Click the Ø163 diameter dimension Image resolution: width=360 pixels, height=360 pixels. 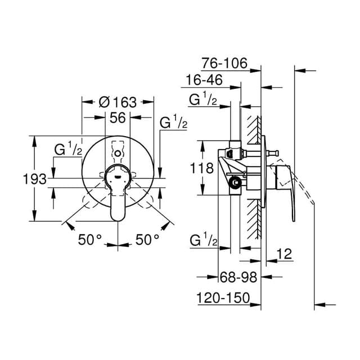pyautogui.click(x=118, y=102)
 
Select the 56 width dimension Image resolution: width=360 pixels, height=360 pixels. pyautogui.click(x=118, y=118)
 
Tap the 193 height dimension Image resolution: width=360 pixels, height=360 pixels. pyautogui.click(x=35, y=179)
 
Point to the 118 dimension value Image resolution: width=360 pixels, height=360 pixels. pyautogui.click(x=202, y=168)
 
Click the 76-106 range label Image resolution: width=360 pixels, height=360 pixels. pyautogui.click(x=224, y=63)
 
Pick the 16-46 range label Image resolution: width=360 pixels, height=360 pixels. pyautogui.click(x=204, y=80)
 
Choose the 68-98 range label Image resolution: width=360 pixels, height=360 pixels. pyautogui.click(x=238, y=277)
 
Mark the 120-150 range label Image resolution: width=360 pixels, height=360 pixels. pyautogui.click(x=223, y=298)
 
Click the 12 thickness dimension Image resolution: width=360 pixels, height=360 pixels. pyautogui.click(x=283, y=254)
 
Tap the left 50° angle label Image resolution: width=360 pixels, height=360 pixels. pyautogui.click(x=90, y=240)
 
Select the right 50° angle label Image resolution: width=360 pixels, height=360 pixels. pyautogui.click(x=147, y=240)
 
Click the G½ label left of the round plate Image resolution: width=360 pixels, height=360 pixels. pyautogui.click(x=68, y=150)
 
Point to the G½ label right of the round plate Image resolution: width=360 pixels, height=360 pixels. pyautogui.click(x=174, y=123)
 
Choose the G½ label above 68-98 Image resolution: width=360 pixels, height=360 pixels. pyautogui.click(x=204, y=241)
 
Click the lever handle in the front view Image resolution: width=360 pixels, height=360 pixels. pyautogui.click(x=118, y=193)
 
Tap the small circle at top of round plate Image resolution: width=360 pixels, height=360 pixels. pyautogui.click(x=118, y=154)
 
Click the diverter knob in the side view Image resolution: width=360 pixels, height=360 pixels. pyautogui.click(x=273, y=153)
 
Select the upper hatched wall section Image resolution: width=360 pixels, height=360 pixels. pyautogui.click(x=254, y=130)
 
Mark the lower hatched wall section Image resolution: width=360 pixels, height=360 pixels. pyautogui.click(x=254, y=219)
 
